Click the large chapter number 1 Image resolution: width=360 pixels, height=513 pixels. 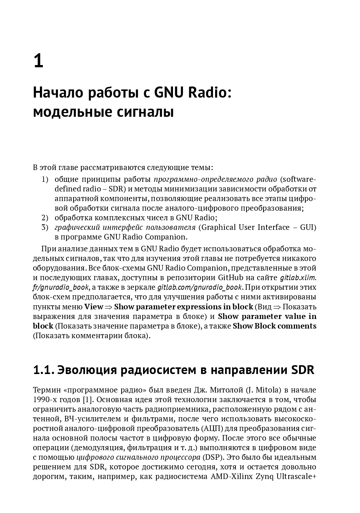click(38, 61)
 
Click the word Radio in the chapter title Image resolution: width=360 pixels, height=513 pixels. click(210, 92)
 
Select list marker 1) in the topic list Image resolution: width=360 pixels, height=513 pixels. click(45, 179)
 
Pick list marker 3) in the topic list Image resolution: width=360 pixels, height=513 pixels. click(45, 227)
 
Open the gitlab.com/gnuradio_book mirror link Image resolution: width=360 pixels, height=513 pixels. click(200, 287)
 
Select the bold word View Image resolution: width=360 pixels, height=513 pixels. click(94, 307)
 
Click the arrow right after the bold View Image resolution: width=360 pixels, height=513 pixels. click(109, 307)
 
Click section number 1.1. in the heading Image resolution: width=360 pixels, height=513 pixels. click(44, 370)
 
